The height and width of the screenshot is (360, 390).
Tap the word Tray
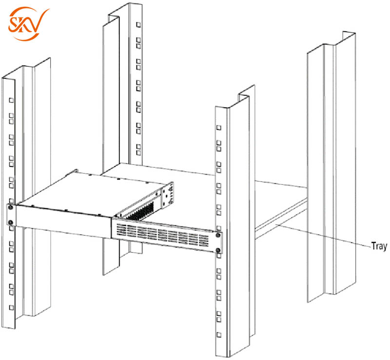coord(379,246)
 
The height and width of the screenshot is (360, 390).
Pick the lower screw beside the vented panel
coord(218,251)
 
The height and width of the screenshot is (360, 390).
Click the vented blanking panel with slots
coord(164,236)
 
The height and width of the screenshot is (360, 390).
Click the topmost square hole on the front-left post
coord(10,100)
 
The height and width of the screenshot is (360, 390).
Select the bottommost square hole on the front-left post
coord(10,308)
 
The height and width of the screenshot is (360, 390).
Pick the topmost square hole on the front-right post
coord(219,127)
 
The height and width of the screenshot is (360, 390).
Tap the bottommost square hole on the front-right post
coord(219,335)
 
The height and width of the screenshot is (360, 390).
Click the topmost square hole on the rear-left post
coord(138,24)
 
